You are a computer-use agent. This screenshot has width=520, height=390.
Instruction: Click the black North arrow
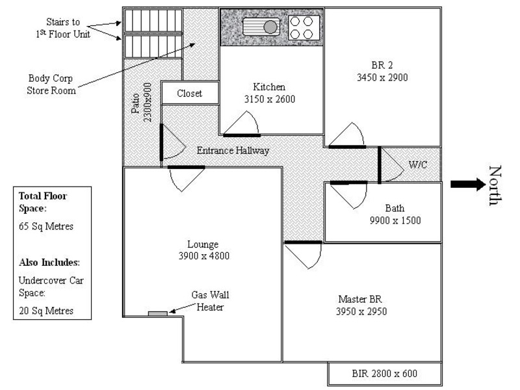(x=467, y=184)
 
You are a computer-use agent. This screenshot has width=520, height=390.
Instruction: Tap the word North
(x=496, y=185)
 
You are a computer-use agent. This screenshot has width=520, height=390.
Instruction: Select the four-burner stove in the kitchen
(x=303, y=27)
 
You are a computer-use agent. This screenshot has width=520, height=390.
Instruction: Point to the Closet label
(x=189, y=94)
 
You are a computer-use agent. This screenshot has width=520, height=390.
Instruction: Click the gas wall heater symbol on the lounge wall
(x=157, y=314)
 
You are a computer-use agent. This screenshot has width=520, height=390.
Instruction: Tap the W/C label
(x=417, y=164)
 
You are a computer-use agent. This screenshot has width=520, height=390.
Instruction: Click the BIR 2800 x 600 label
(x=385, y=374)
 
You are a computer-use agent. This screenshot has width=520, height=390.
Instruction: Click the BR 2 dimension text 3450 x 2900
(x=382, y=77)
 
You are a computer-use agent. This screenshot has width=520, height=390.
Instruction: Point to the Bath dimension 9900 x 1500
(x=395, y=220)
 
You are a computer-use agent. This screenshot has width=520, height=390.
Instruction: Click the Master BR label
(x=359, y=299)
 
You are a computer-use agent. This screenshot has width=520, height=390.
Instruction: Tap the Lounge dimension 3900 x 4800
(x=203, y=256)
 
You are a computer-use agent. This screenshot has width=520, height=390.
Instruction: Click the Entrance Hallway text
(x=233, y=150)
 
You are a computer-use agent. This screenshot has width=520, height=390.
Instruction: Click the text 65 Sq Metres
(x=45, y=227)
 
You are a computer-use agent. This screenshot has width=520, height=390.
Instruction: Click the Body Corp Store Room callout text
(x=51, y=84)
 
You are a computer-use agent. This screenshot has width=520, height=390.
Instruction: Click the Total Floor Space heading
(x=44, y=201)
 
